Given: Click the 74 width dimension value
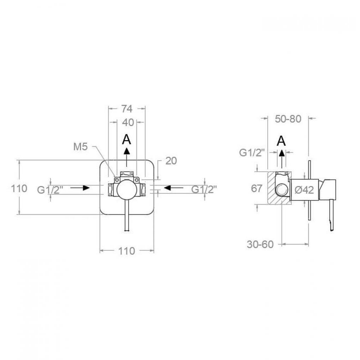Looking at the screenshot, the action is (x=127, y=108).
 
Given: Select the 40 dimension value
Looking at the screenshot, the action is (x=128, y=123).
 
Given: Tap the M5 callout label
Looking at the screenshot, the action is (x=81, y=147).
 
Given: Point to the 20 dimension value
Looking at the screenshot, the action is (x=171, y=161).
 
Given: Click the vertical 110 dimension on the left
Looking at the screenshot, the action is (x=19, y=188).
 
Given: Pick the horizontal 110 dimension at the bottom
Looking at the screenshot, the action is (x=126, y=251).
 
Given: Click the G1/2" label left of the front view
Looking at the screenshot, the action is (x=50, y=190).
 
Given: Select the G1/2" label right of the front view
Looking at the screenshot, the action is (x=204, y=190).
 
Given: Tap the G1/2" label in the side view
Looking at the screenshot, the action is (x=252, y=153).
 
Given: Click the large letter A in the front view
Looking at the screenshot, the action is (x=126, y=139).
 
